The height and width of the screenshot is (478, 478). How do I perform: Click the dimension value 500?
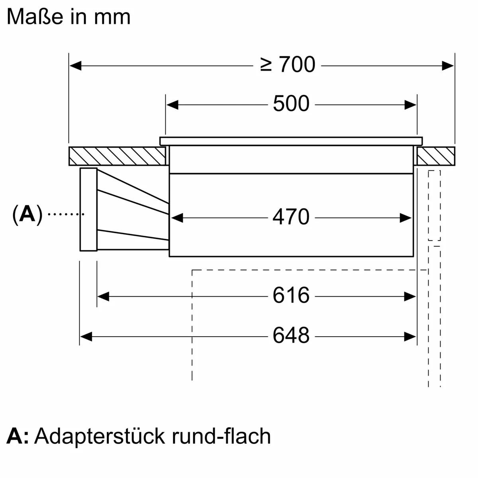[291, 104]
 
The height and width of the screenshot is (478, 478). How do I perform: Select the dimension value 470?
[291, 217]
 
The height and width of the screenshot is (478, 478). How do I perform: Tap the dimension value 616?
[291, 296]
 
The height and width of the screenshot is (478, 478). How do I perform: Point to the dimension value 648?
[291, 336]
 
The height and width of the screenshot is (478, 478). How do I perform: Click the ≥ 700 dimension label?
[288, 65]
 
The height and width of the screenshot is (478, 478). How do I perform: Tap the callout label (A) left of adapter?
[27, 215]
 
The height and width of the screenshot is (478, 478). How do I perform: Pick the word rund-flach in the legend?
[221, 436]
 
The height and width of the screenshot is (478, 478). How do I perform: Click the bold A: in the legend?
[18, 436]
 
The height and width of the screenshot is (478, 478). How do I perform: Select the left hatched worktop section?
[117, 156]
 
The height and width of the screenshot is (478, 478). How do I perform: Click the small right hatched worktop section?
[436, 156]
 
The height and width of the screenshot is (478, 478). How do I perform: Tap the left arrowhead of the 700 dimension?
[75, 65]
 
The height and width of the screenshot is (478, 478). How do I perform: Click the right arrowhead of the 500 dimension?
[410, 105]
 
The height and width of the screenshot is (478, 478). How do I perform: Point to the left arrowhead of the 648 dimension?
[86, 337]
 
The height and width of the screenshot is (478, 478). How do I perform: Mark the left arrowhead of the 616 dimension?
[103, 296]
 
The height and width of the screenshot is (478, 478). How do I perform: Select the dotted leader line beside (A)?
[66, 214]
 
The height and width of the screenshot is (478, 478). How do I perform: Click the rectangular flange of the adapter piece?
[88, 210]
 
